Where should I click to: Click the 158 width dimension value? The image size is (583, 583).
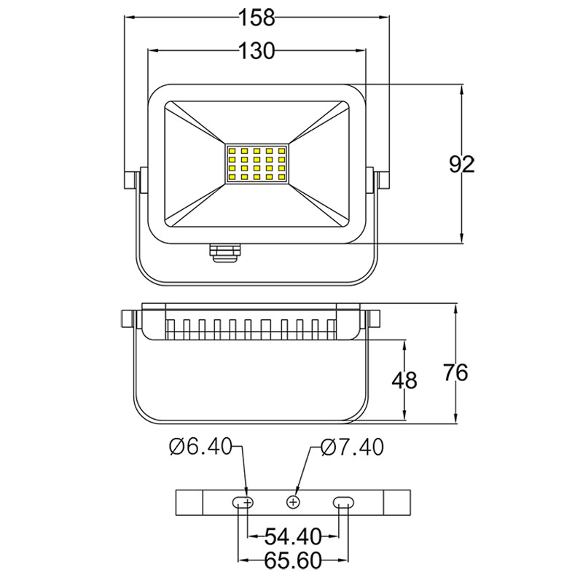click(257, 16)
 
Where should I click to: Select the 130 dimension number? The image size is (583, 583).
click(257, 50)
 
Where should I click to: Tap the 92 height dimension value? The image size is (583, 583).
click(461, 165)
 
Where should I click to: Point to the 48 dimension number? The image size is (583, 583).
click(404, 380)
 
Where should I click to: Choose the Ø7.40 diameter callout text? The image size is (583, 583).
click(352, 447)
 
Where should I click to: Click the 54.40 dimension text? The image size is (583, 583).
click(293, 537)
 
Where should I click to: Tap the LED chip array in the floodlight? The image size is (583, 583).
click(257, 163)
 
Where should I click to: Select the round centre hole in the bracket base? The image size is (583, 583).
click(294, 502)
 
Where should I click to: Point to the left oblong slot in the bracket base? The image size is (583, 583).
click(245, 502)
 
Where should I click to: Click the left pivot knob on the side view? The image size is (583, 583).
click(130, 319)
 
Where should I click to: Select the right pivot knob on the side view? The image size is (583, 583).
click(374, 319)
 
